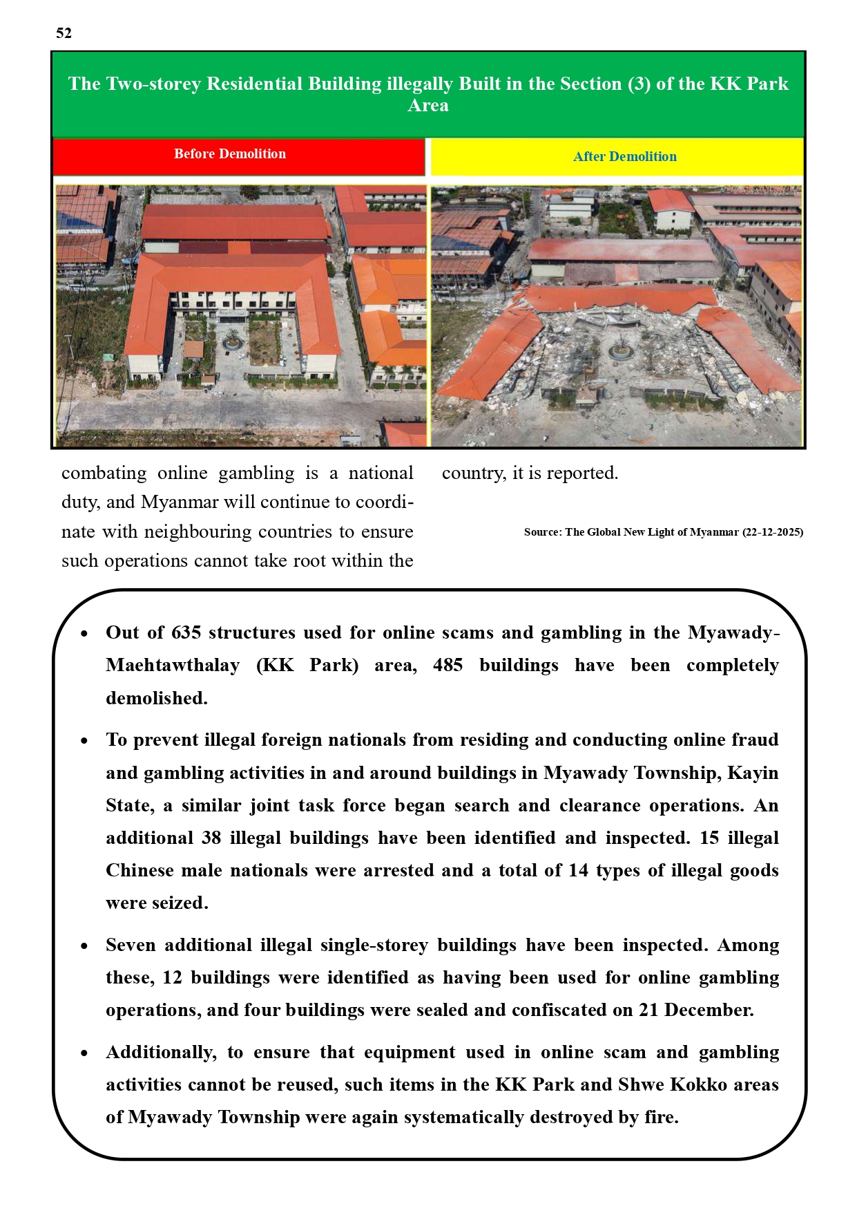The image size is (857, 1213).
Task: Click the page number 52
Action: (x=64, y=33)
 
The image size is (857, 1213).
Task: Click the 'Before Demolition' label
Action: (x=229, y=154)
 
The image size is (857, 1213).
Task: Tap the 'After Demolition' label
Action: (x=624, y=157)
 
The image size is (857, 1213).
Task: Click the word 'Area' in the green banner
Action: (x=428, y=106)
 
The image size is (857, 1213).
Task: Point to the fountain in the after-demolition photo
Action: (x=621, y=350)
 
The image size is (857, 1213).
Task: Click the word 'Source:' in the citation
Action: (x=543, y=532)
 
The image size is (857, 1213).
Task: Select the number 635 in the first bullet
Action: (x=186, y=633)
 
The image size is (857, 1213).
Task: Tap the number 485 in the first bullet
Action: (x=447, y=666)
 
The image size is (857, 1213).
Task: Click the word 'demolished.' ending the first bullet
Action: (x=156, y=698)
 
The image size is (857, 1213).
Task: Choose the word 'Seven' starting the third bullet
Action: (x=131, y=945)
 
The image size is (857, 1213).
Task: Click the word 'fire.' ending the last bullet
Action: (x=661, y=1117)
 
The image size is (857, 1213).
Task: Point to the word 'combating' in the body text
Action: (x=104, y=473)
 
